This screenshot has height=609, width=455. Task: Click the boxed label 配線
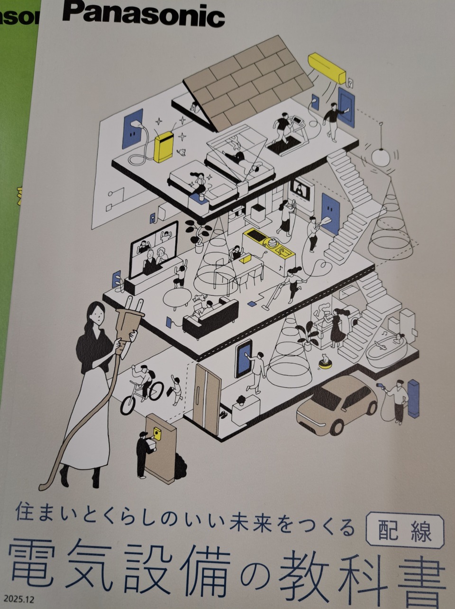click(405, 531)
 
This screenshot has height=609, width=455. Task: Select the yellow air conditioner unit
click(327, 67)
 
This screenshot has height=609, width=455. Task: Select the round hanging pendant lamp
click(381, 157)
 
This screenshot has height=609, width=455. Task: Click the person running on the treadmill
click(282, 125)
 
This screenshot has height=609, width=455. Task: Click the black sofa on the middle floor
click(210, 317)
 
